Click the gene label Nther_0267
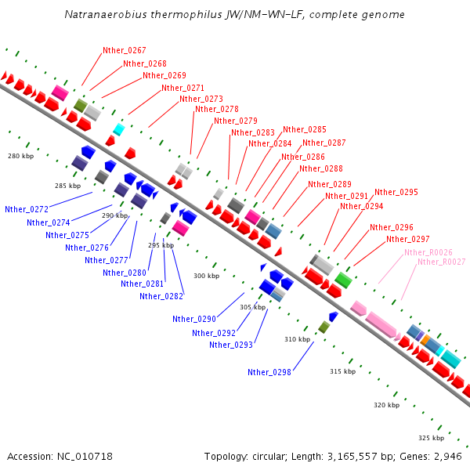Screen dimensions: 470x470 click(125, 50)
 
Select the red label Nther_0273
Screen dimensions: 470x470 click(201, 99)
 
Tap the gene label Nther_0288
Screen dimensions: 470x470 click(321, 168)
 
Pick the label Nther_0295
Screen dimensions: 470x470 click(396, 192)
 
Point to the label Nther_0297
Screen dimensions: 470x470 click(408, 239)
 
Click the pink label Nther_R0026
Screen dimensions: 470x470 click(428, 252)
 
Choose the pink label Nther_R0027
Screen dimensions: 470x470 click(442, 262)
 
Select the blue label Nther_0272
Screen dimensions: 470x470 click(27, 210)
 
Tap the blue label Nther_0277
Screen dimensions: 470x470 click(107, 260)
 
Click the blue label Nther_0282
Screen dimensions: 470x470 click(161, 296)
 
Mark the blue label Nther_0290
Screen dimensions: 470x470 click(194, 319)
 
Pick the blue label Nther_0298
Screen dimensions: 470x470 click(269, 372)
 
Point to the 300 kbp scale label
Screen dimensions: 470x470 click(207, 276)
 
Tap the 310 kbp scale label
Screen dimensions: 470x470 click(297, 339)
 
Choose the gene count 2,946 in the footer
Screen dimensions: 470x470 click(446, 456)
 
